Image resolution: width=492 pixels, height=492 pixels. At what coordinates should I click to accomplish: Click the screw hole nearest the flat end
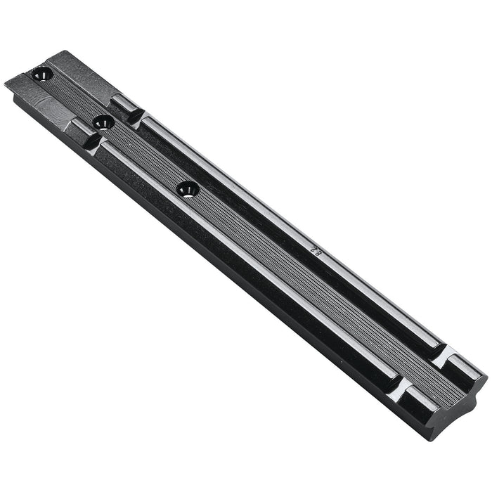(x=42, y=72)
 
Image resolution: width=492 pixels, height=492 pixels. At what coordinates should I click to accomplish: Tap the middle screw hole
(x=103, y=122)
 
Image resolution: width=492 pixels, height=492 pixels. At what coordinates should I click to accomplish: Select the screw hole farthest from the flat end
(x=188, y=188)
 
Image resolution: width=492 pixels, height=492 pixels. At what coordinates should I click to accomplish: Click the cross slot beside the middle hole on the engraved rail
(x=134, y=114)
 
